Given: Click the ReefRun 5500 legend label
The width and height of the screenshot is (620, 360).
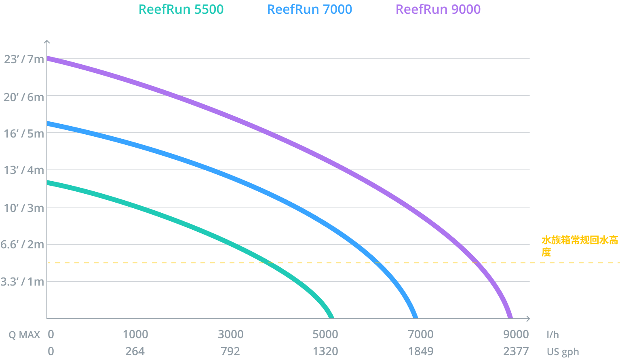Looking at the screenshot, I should pyautogui.click(x=181, y=10).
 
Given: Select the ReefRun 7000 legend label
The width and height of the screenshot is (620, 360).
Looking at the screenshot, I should pyautogui.click(x=310, y=10).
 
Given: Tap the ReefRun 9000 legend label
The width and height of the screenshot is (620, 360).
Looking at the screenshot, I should pyautogui.click(x=438, y=10).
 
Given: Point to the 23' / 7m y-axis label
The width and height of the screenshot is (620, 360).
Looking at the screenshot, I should pyautogui.click(x=24, y=59).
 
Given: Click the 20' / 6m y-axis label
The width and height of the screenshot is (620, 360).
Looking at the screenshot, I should pyautogui.click(x=24, y=97).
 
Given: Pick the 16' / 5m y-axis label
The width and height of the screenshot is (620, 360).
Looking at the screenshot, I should pyautogui.click(x=24, y=133).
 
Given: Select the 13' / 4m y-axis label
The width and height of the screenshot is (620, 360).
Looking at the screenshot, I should pyautogui.click(x=24, y=170).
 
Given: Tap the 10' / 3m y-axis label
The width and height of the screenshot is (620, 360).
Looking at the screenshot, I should pyautogui.click(x=24, y=208).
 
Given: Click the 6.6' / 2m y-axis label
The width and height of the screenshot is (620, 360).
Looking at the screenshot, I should pyautogui.click(x=22, y=244).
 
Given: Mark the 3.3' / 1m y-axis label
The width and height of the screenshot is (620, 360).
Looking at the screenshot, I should pyautogui.click(x=22, y=282).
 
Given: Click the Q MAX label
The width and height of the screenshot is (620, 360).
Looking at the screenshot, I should pyautogui.click(x=24, y=335).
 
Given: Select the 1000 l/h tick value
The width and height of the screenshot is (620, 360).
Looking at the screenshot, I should pyautogui.click(x=135, y=335).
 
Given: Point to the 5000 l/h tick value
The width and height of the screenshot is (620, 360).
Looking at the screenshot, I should pyautogui.click(x=325, y=335).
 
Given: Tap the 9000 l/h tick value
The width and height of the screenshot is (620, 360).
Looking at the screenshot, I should pyautogui.click(x=516, y=335).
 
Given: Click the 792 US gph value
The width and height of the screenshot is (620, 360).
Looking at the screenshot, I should pyautogui.click(x=230, y=352).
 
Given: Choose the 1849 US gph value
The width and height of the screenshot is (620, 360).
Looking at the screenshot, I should pyautogui.click(x=421, y=352).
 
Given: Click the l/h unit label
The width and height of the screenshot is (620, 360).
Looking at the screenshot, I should pyautogui.click(x=553, y=335).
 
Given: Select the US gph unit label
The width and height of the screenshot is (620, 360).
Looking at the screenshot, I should pyautogui.click(x=563, y=352).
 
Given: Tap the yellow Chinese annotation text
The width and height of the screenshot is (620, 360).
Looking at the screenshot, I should pyautogui.click(x=579, y=246).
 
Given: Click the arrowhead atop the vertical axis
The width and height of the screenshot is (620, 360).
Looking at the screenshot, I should pyautogui.click(x=47, y=42).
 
